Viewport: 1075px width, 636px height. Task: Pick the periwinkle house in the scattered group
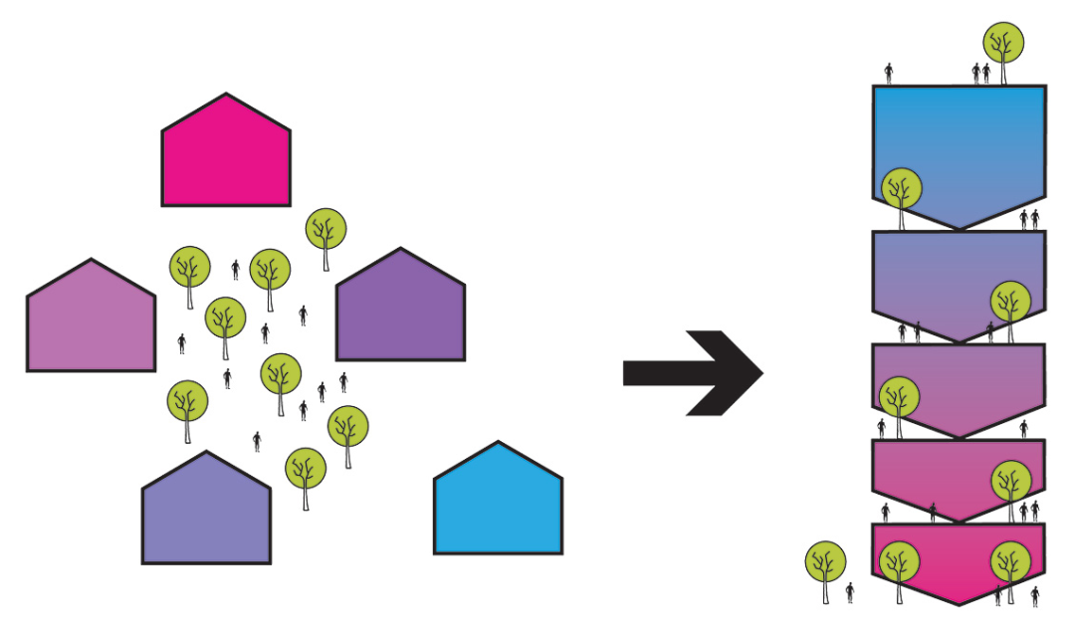[x=206, y=516]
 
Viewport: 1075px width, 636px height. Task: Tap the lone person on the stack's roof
[x=890, y=73]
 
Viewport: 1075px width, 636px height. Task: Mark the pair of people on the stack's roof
[x=981, y=74]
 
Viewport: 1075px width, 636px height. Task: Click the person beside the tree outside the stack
[x=849, y=593]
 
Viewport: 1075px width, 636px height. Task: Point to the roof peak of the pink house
[x=226, y=96]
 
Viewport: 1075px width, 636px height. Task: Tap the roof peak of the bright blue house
[x=498, y=444]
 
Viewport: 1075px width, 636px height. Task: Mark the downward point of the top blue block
[x=959, y=228]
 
